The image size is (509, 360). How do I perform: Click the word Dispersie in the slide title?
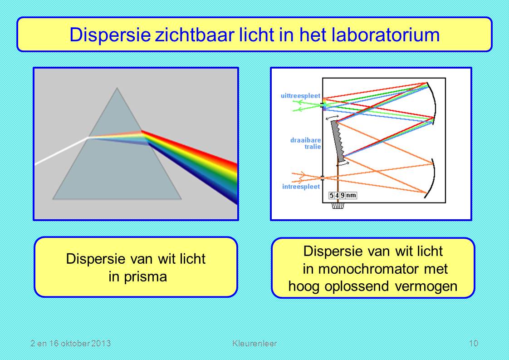110,35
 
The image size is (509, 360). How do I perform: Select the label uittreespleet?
301,96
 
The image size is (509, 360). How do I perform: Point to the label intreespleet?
301,187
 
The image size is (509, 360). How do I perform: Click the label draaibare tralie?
305,143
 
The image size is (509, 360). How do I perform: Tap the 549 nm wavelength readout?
343,195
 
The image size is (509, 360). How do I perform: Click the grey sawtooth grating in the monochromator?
338,141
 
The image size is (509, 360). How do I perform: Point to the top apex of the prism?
117,88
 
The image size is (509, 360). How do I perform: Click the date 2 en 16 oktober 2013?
70,343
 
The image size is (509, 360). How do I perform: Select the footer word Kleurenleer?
254,343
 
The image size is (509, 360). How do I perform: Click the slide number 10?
474,343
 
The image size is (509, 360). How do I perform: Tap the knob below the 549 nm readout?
338,206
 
